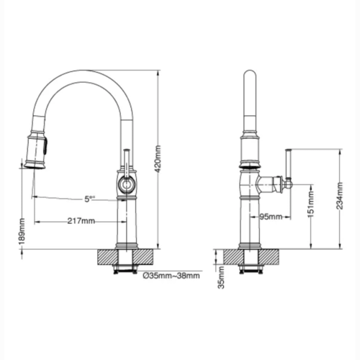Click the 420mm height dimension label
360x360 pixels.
pos(158,159)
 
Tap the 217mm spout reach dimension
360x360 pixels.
pos(81,221)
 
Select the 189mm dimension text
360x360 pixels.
pos(22,232)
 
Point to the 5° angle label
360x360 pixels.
pos(89,199)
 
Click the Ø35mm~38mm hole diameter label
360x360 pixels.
pos(171,276)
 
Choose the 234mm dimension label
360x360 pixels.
pos(340,196)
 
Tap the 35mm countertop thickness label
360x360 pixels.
pos(221,277)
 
